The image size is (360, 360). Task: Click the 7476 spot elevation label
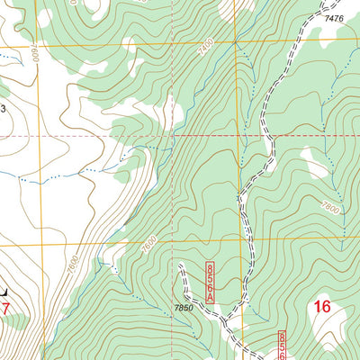pyautogui.click(x=334, y=18)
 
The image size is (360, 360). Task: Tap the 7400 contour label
pyautogui.click(x=208, y=67)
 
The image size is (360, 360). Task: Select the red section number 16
pyautogui.click(x=322, y=308)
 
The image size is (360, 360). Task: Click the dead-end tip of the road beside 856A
pyautogui.click(x=180, y=265)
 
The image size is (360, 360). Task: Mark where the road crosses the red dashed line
pyautogui.click(x=268, y=136)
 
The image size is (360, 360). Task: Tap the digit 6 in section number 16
pyautogui.click(x=328, y=308)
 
